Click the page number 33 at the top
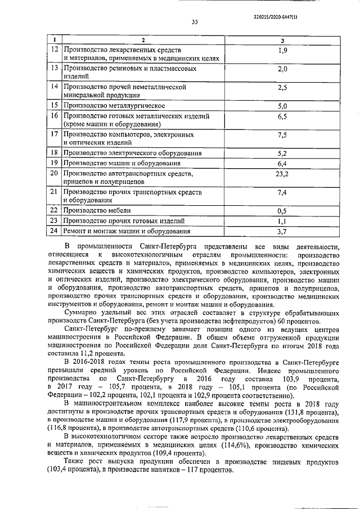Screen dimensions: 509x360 (195, 22)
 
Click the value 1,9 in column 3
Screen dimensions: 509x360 (282, 51)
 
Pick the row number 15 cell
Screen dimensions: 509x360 (55, 105)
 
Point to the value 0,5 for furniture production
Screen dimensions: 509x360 (282, 211)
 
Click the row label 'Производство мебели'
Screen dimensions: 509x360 (97, 211)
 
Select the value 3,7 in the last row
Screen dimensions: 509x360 (282, 231)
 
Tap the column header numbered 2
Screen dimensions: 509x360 (143, 40)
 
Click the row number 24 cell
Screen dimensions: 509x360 (55, 231)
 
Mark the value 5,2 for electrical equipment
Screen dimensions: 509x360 (282, 153)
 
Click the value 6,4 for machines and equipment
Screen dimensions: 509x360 (282, 163)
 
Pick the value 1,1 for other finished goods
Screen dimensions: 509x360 (282, 221)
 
